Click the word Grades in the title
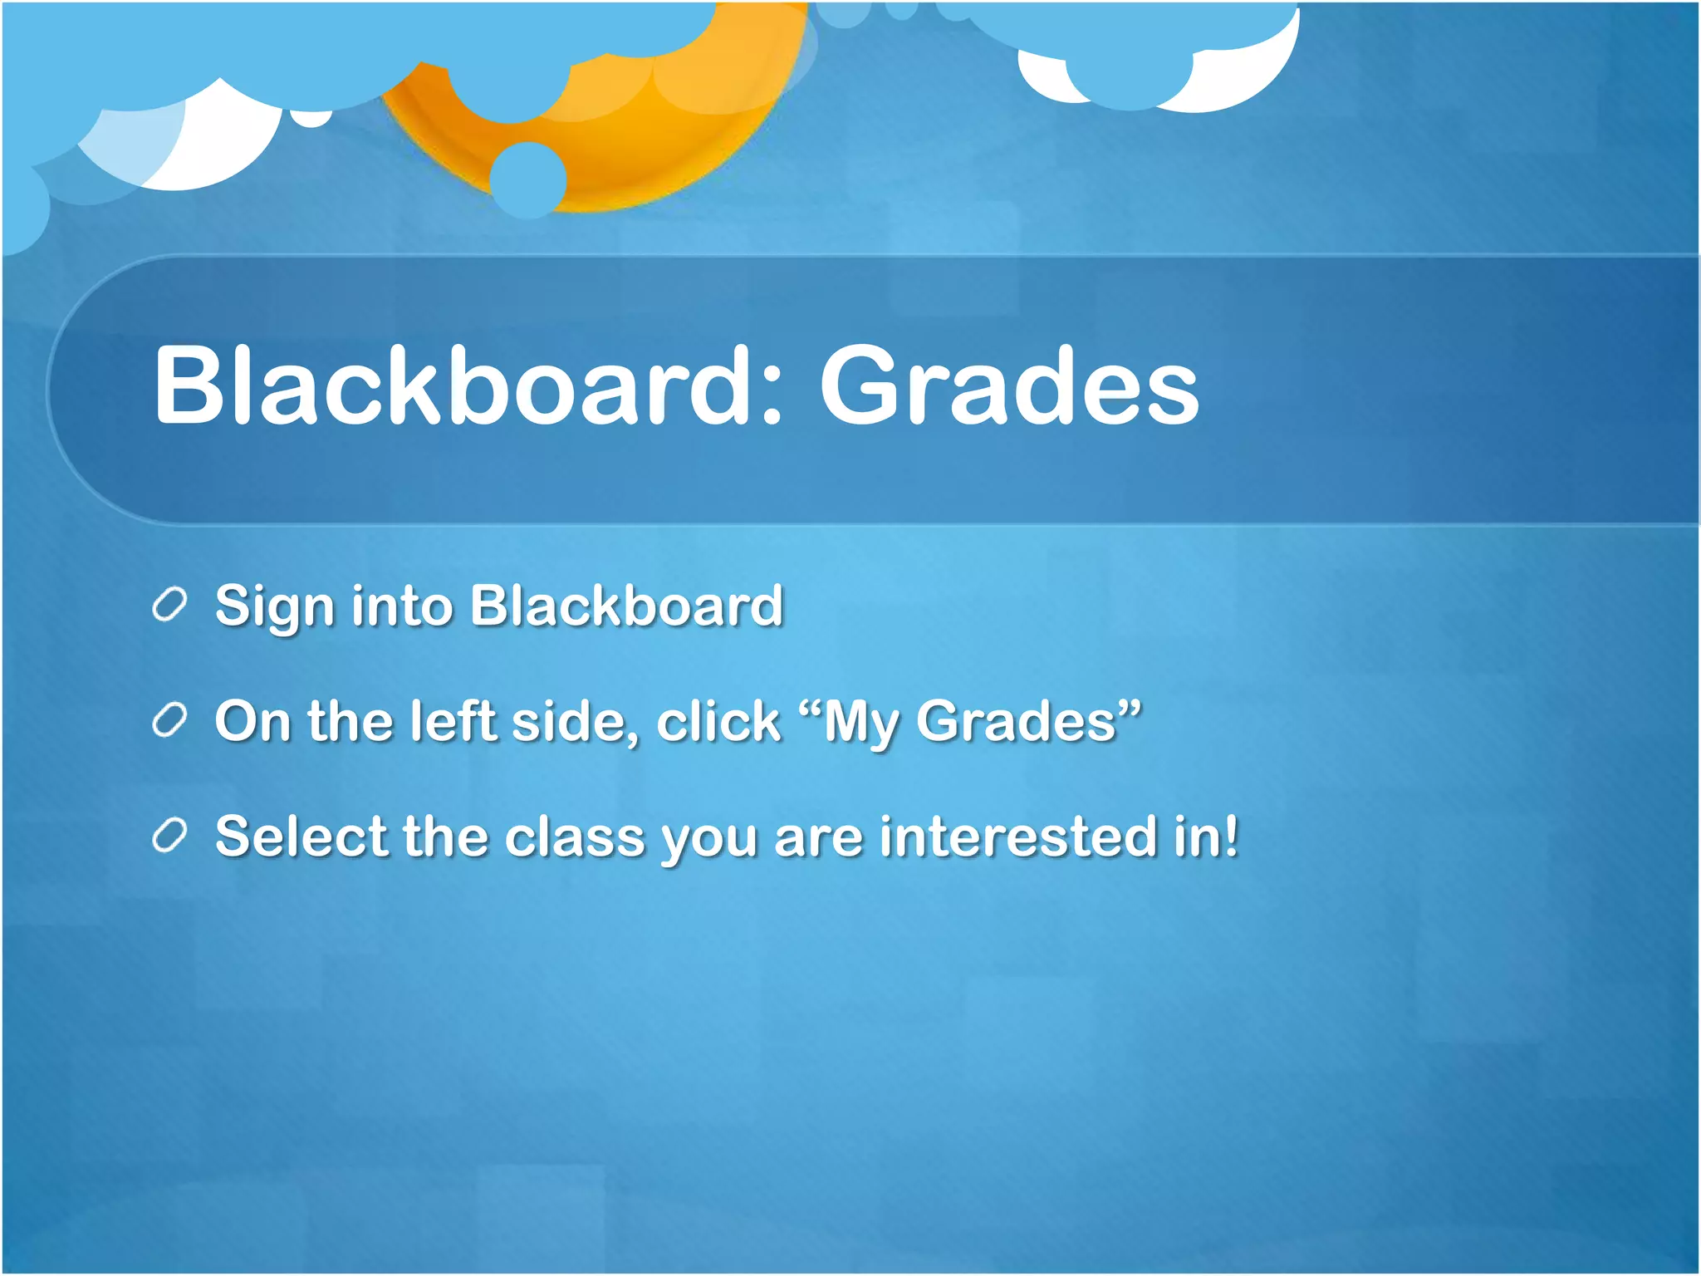click(1009, 386)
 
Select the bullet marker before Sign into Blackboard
click(169, 606)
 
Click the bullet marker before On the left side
click(169, 721)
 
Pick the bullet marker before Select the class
click(169, 836)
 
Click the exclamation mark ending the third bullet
click(1229, 835)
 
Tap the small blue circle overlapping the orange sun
click(527, 179)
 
